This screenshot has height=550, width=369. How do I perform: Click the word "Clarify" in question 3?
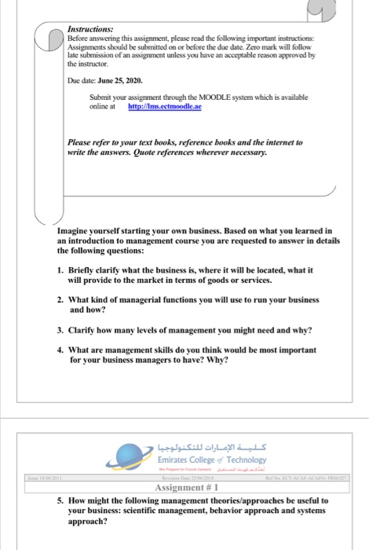coord(86,331)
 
